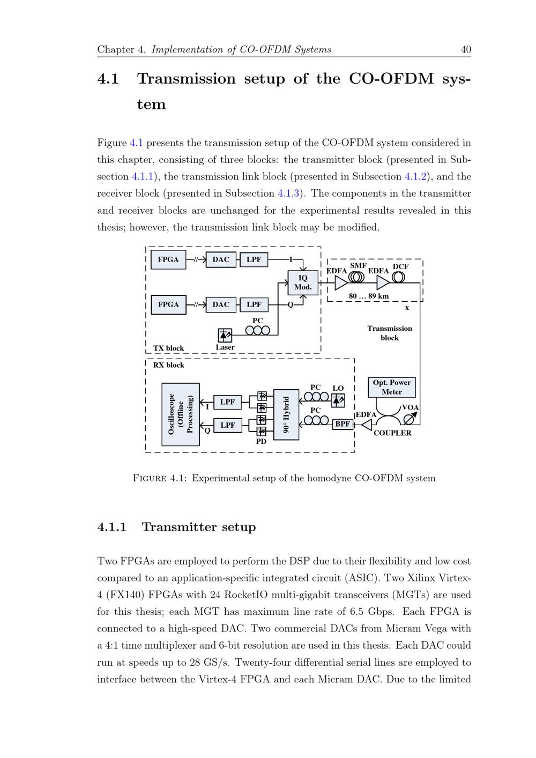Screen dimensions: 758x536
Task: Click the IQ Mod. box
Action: [303, 283]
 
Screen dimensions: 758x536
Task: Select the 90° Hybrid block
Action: [286, 414]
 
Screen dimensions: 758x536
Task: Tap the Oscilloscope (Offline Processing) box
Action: [181, 414]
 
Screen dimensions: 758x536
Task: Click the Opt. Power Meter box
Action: [392, 387]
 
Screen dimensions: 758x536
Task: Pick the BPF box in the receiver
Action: [343, 424]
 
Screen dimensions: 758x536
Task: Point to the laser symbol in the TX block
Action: [225, 336]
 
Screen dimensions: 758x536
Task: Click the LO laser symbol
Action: [338, 400]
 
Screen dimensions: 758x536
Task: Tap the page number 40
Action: [466, 50]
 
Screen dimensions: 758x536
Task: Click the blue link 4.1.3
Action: [288, 194]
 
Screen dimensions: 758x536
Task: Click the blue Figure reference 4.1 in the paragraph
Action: [136, 143]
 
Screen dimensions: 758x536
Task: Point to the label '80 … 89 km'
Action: [369, 296]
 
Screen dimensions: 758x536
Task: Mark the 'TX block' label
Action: [168, 348]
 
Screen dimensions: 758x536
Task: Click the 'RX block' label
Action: [168, 365]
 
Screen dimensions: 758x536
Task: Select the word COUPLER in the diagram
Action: [392, 433]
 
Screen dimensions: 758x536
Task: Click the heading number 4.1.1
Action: [111, 527]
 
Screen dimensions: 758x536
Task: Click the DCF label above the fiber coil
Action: [400, 266]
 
